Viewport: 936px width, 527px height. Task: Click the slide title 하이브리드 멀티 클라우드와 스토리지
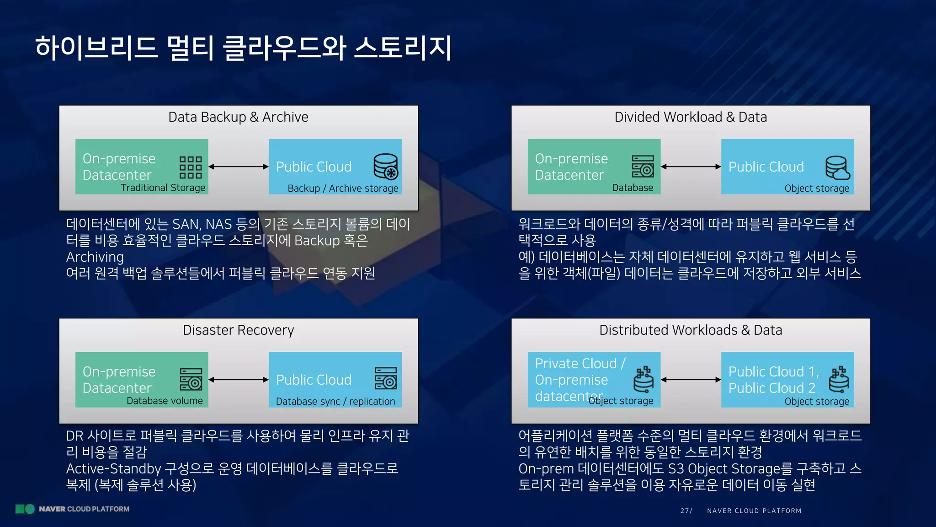coord(243,48)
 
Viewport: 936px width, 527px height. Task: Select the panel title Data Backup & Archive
coord(238,117)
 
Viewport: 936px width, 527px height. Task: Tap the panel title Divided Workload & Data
coord(690,117)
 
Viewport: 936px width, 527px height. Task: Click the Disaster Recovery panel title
coord(238,330)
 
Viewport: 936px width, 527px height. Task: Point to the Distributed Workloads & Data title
coord(690,330)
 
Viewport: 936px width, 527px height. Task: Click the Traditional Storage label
coord(163,188)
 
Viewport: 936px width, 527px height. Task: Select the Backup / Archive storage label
coord(343,188)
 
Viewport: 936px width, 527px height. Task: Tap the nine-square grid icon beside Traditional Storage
coord(191,167)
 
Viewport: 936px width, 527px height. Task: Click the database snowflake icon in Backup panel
coord(386,166)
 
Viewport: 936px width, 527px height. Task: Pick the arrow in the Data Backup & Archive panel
coord(238,167)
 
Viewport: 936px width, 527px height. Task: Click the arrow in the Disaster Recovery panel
coord(238,380)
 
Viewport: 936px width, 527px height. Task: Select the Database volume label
coord(165,401)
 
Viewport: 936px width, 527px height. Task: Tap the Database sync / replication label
coord(335,402)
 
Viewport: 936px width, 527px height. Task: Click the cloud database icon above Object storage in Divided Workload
coord(837,168)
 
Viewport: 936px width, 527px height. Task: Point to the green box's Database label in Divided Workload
coord(632,188)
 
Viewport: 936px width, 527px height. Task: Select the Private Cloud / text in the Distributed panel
coord(580,363)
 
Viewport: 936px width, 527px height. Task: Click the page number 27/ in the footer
coord(686,511)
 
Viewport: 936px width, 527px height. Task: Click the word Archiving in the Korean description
coord(95,257)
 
